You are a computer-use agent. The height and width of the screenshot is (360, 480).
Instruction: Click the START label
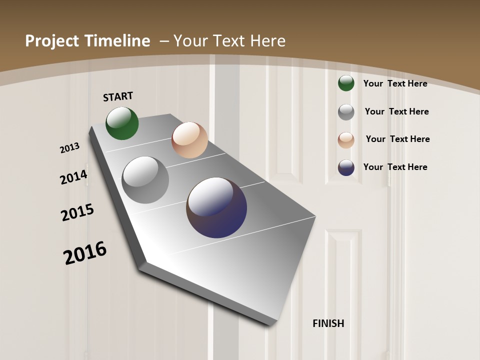click(118, 96)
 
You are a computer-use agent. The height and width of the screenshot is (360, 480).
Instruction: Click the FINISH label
click(328, 323)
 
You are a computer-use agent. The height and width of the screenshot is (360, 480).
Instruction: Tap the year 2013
click(70, 148)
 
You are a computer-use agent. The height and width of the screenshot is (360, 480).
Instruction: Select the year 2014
click(73, 177)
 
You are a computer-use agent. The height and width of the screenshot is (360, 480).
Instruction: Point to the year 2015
click(77, 212)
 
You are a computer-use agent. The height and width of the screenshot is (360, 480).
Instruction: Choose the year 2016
click(85, 252)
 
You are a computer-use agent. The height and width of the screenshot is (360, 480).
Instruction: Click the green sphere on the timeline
click(122, 123)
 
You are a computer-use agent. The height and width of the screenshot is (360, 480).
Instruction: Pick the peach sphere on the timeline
click(189, 140)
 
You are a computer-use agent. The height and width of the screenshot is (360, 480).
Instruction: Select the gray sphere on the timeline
click(145, 179)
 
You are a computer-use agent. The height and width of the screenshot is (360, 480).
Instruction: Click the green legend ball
click(346, 83)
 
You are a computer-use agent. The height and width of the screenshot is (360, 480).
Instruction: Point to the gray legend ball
click(346, 112)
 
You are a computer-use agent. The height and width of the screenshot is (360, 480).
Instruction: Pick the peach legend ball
click(346, 140)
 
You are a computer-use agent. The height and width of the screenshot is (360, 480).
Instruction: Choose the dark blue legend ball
click(346, 167)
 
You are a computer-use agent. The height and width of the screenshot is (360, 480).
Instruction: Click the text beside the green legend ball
click(395, 83)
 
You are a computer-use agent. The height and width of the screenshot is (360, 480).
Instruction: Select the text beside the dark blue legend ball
click(395, 167)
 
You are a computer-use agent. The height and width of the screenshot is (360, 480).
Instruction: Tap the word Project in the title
click(49, 41)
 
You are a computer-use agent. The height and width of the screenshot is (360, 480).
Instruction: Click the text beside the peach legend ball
click(397, 139)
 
